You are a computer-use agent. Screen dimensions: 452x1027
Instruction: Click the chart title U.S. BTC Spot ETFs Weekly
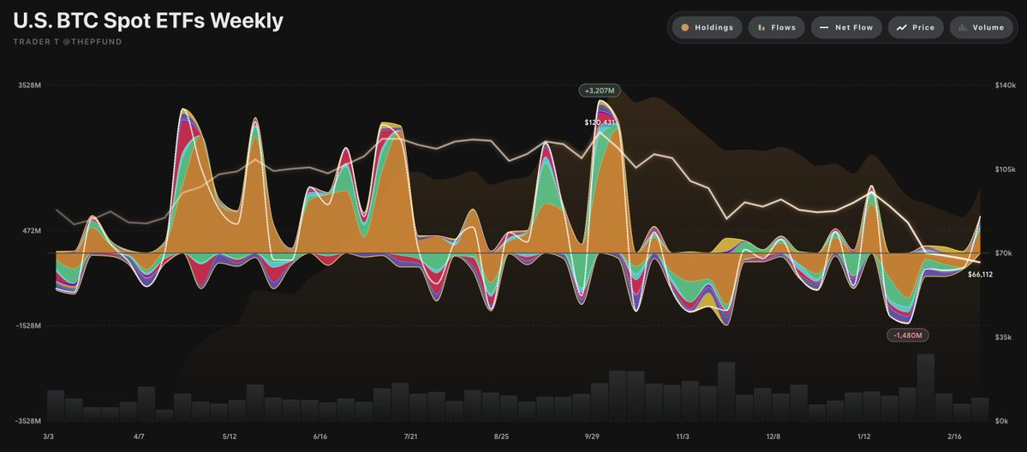pyautogui.click(x=147, y=21)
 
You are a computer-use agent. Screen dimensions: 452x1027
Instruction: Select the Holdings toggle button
pyautogui.click(x=708, y=27)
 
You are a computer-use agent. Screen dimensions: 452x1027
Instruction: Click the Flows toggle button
pyautogui.click(x=775, y=27)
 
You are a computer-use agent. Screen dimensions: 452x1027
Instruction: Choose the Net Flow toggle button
pyautogui.click(x=846, y=27)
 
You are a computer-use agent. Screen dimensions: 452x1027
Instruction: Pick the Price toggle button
pyautogui.click(x=916, y=27)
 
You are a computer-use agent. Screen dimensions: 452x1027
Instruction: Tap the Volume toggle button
pyautogui.click(x=981, y=27)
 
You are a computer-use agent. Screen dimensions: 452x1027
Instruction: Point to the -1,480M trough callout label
pyautogui.click(x=908, y=335)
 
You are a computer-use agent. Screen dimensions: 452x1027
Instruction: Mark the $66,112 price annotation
pyautogui.click(x=980, y=274)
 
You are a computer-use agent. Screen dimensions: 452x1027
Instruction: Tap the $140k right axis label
pyautogui.click(x=1005, y=85)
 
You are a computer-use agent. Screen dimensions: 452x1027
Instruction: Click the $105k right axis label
pyautogui.click(x=1005, y=169)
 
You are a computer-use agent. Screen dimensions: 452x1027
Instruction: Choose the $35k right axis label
pyautogui.click(x=1004, y=337)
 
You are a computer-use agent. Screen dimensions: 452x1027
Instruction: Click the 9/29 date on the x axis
pyautogui.click(x=592, y=436)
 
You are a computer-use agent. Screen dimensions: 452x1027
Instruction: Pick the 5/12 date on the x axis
pyautogui.click(x=229, y=436)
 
